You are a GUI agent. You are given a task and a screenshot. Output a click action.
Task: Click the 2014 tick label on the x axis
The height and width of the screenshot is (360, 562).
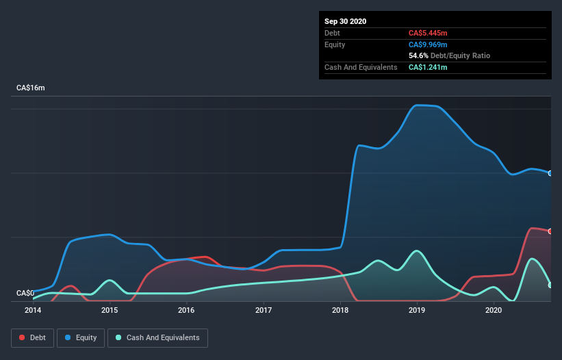[x=33, y=310]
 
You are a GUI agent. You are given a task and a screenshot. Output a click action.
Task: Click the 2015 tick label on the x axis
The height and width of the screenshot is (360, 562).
[x=110, y=310]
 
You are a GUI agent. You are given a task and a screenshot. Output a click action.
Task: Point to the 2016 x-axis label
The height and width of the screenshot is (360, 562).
[x=186, y=310]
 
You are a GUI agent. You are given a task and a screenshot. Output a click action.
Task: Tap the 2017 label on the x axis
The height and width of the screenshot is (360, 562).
[x=263, y=310]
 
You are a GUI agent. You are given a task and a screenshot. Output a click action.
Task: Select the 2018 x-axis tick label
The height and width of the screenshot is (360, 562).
[x=340, y=310]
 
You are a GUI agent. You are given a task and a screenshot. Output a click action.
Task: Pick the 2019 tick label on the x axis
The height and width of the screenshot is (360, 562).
[x=417, y=310]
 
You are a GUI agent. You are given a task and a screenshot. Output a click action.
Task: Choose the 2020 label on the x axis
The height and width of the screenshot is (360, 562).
[x=494, y=310]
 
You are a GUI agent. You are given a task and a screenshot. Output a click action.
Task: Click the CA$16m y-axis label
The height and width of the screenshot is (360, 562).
[x=30, y=88]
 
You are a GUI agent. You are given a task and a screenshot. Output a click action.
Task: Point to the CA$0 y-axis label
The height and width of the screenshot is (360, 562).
[x=25, y=293]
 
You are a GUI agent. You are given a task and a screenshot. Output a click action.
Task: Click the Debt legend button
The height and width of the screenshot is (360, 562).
[x=31, y=337]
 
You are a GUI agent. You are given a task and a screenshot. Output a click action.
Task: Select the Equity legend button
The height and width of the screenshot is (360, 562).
[x=81, y=337]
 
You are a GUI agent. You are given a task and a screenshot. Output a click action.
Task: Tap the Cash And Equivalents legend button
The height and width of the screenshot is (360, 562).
[x=157, y=337]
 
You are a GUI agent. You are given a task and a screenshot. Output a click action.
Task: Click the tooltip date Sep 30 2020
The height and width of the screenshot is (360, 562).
[x=345, y=21]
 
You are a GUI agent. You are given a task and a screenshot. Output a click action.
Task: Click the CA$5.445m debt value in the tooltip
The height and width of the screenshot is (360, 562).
[x=429, y=33]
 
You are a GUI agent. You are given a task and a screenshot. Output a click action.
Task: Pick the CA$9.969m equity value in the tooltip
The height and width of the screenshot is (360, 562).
[x=429, y=44]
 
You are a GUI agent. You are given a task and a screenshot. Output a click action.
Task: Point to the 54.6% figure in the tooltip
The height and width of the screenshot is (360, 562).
[x=420, y=55]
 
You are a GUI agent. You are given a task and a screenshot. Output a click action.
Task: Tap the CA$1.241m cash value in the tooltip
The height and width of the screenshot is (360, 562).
[x=429, y=67]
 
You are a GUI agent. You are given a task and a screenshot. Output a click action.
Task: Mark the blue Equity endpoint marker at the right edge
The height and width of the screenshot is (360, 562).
[x=550, y=173]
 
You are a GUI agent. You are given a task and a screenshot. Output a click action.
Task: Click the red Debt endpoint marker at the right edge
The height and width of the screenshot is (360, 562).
[x=550, y=231]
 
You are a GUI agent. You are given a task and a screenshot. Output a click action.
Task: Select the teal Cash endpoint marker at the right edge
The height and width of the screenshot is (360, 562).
[x=550, y=285]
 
